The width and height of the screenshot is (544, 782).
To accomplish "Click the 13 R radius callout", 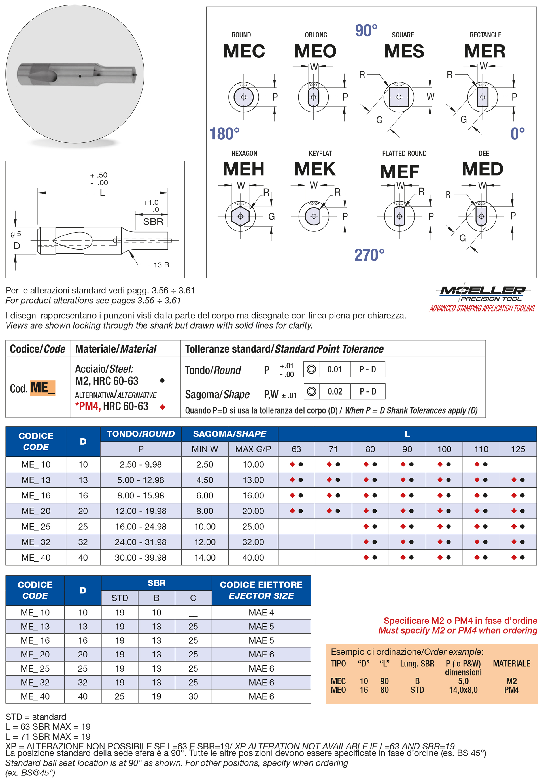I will coord(161,265).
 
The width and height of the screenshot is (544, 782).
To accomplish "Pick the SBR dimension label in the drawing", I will coord(153,222).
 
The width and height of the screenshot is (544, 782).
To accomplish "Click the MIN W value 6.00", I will coord(205,495).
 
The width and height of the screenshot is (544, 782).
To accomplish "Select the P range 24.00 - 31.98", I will coord(140,542).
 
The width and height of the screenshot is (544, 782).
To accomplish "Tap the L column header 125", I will coord(518,449).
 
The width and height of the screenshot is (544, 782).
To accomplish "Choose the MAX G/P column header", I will coord(253,449).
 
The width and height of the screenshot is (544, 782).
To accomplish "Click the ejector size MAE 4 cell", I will coord(261,612).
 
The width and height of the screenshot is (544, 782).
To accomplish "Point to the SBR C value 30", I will coord(193,696).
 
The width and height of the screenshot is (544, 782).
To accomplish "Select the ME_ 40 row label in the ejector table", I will coord(35,696).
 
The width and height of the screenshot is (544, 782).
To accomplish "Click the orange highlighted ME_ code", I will coord(42,388).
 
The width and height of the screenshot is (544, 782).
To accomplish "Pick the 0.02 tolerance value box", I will coord(335,391).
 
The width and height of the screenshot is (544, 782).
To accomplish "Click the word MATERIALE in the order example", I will coord(512,664).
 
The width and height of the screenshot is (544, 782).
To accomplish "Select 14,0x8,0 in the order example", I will coord(463,690).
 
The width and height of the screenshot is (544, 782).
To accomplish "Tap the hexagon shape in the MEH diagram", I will coord(241,216).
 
